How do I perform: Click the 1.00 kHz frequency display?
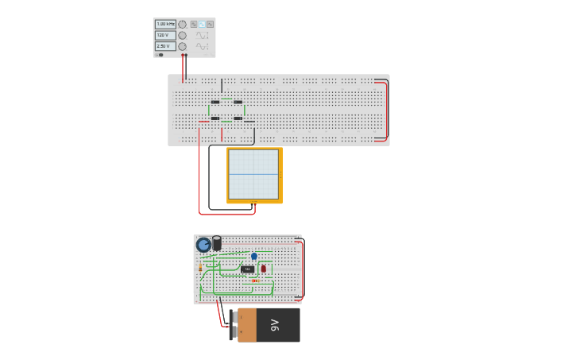[x=164, y=25]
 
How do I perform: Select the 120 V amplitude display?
[x=164, y=36]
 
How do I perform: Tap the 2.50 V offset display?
[x=164, y=47]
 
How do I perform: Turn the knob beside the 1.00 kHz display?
[x=182, y=25]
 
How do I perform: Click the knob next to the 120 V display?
[x=182, y=36]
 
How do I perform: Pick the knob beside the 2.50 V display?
[x=182, y=47]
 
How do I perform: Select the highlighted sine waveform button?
[x=202, y=25]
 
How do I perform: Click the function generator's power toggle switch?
[x=160, y=55]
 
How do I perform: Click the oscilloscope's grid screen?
[x=253, y=174]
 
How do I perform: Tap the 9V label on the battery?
[x=275, y=325]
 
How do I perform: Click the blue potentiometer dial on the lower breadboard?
[x=203, y=245]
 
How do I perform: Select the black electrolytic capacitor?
[x=217, y=243]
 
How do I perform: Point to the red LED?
[x=264, y=269]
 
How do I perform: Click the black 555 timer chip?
[x=248, y=269]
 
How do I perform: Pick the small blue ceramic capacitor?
[x=254, y=257]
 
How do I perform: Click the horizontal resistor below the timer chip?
[x=255, y=281]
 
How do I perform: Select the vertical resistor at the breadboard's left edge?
[x=199, y=269]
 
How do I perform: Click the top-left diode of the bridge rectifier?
[x=215, y=102]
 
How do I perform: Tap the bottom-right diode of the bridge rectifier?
[x=238, y=118]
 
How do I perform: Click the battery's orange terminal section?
[x=247, y=325]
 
